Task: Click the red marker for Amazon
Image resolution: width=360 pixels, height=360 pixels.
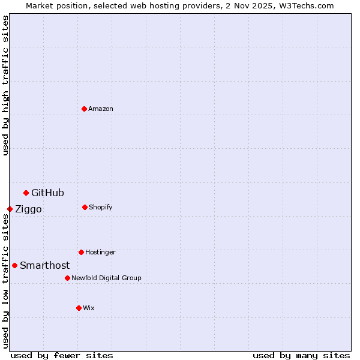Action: pos(84,109)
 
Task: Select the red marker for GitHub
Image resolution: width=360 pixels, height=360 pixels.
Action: pos(26,193)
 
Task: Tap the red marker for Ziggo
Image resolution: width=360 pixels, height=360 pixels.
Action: pos(10,209)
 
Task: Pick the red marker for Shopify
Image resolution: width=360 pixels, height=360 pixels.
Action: pos(85,207)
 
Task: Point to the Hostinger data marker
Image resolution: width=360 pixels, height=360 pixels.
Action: pos(81,252)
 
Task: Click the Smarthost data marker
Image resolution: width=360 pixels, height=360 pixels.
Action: pos(14,265)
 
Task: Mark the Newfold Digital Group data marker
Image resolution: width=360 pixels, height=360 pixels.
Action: pos(67,278)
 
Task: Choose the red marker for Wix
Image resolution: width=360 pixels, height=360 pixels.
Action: pos(79,308)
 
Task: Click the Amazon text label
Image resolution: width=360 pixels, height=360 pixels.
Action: pos(101,109)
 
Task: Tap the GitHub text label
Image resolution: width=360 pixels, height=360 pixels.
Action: pos(47,193)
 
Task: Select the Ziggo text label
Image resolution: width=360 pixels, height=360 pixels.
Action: pos(28,209)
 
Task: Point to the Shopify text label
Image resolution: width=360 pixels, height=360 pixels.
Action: pos(101,207)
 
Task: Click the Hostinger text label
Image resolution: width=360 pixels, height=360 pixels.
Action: pos(100,252)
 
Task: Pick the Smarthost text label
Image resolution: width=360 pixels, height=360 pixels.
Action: pos(44,265)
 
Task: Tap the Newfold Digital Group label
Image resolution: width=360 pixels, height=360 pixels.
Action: pos(106,278)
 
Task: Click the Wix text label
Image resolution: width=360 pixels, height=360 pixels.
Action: pos(89,308)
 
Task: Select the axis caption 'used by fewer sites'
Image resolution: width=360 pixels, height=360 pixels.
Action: pos(62,355)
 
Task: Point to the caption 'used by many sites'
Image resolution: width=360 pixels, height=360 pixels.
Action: pos(301,355)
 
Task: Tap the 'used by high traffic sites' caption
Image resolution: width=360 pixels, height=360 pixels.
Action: pos(5,85)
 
